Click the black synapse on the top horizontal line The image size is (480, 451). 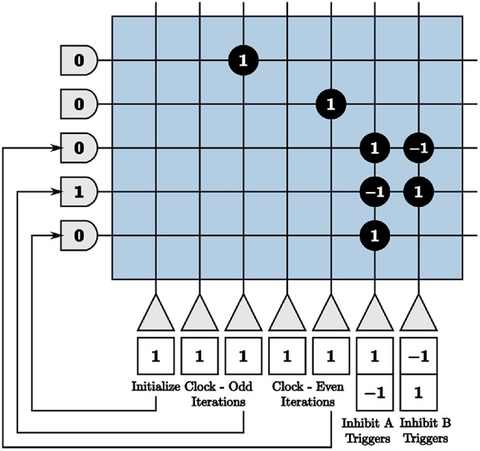pos(243,61)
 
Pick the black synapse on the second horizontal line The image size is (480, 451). pos(331,103)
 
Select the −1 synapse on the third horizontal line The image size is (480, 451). pos(418,147)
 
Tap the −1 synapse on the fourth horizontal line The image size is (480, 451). pos(374,191)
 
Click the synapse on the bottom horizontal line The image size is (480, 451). pos(374,235)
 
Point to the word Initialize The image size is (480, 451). pos(155,386)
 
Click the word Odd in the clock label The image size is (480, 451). pos(242,386)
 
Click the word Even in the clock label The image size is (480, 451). pos(330,386)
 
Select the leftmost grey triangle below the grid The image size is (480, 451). pos(155,312)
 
